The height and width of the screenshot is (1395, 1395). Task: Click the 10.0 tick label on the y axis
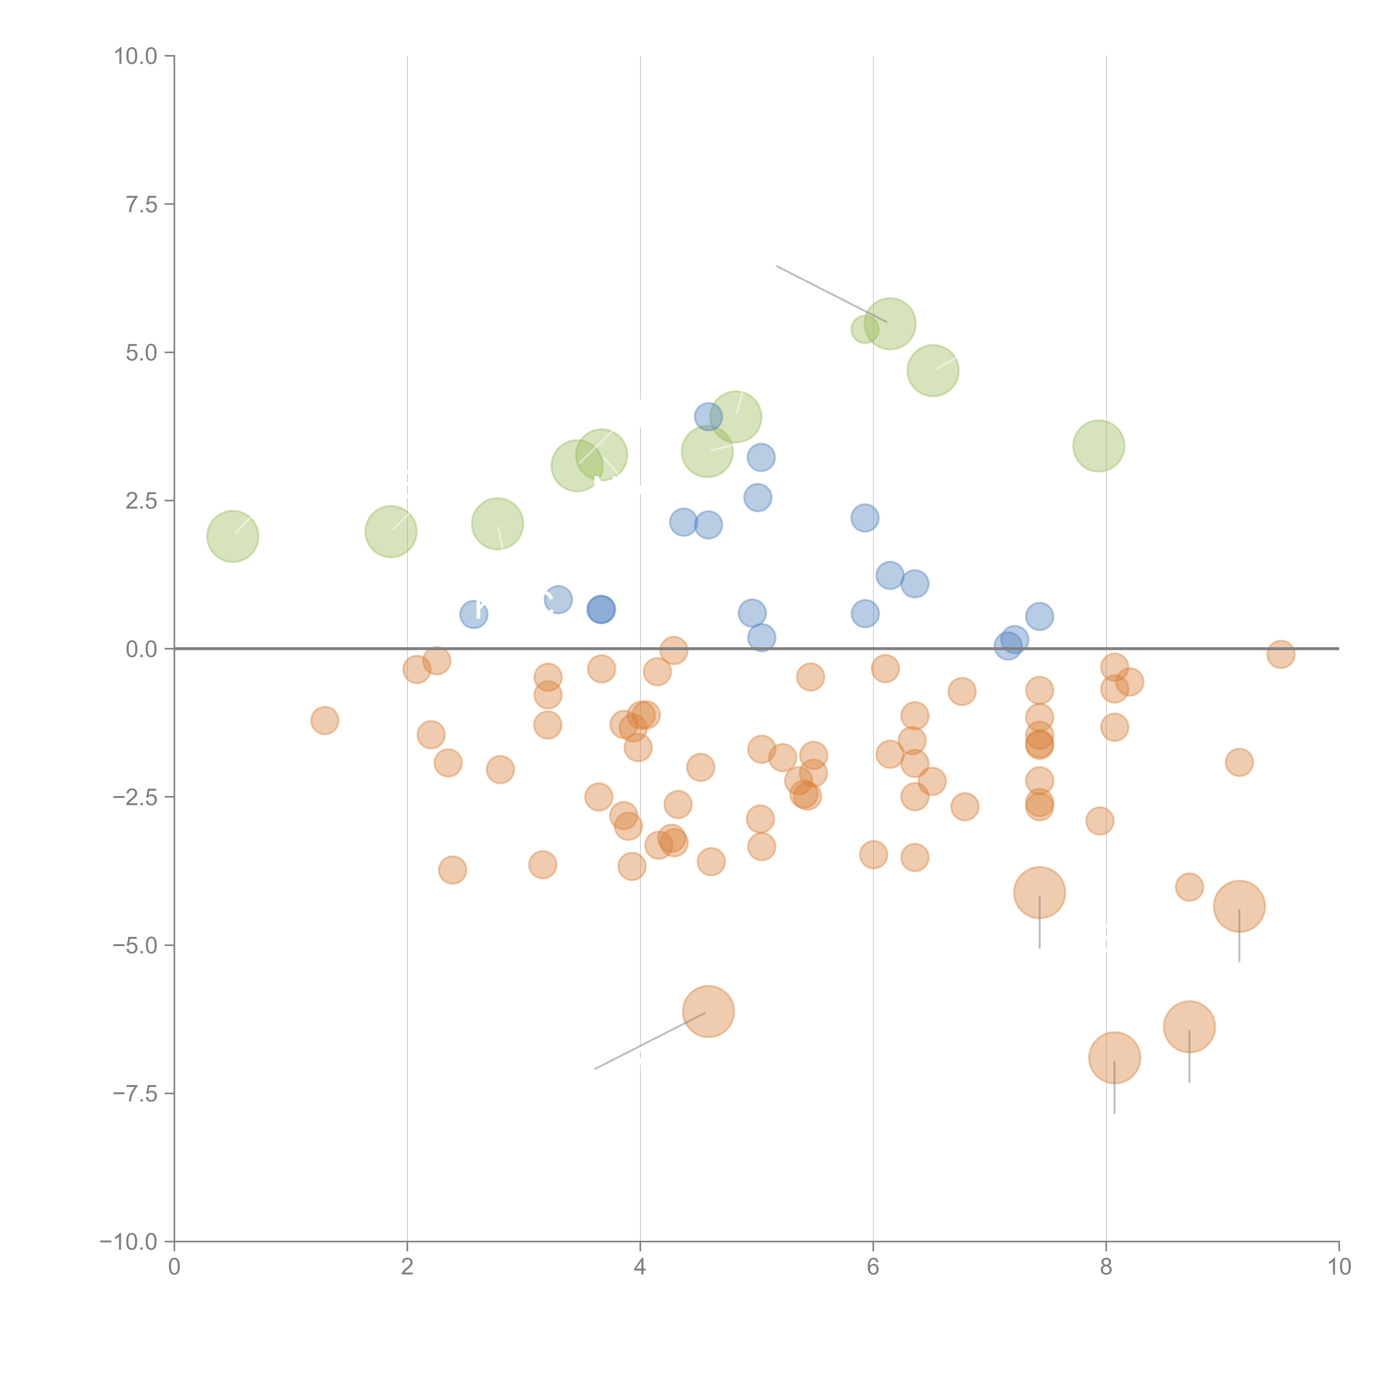[x=136, y=56]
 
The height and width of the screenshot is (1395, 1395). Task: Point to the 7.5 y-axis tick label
[x=141, y=204]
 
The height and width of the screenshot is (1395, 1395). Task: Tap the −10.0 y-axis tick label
[x=129, y=1242]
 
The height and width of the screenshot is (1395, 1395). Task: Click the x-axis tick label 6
[x=873, y=1267]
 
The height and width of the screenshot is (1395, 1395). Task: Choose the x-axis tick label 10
[x=1339, y=1267]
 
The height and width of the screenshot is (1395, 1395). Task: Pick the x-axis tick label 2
[x=407, y=1267]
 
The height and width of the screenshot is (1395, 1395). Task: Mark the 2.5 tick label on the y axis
[x=141, y=501]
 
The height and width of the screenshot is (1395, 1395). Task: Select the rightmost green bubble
[x=1098, y=446]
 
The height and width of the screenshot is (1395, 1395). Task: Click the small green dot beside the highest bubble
[x=864, y=329]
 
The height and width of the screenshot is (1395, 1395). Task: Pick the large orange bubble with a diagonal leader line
[x=708, y=1011]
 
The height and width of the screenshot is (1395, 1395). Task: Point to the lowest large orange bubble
[x=1114, y=1058]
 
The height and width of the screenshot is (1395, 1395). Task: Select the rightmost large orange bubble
[x=1239, y=906]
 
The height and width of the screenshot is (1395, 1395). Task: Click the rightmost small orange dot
[x=1280, y=654]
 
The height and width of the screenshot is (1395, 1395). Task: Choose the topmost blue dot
[x=708, y=417]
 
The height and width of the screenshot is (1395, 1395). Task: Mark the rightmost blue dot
[x=1039, y=616]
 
